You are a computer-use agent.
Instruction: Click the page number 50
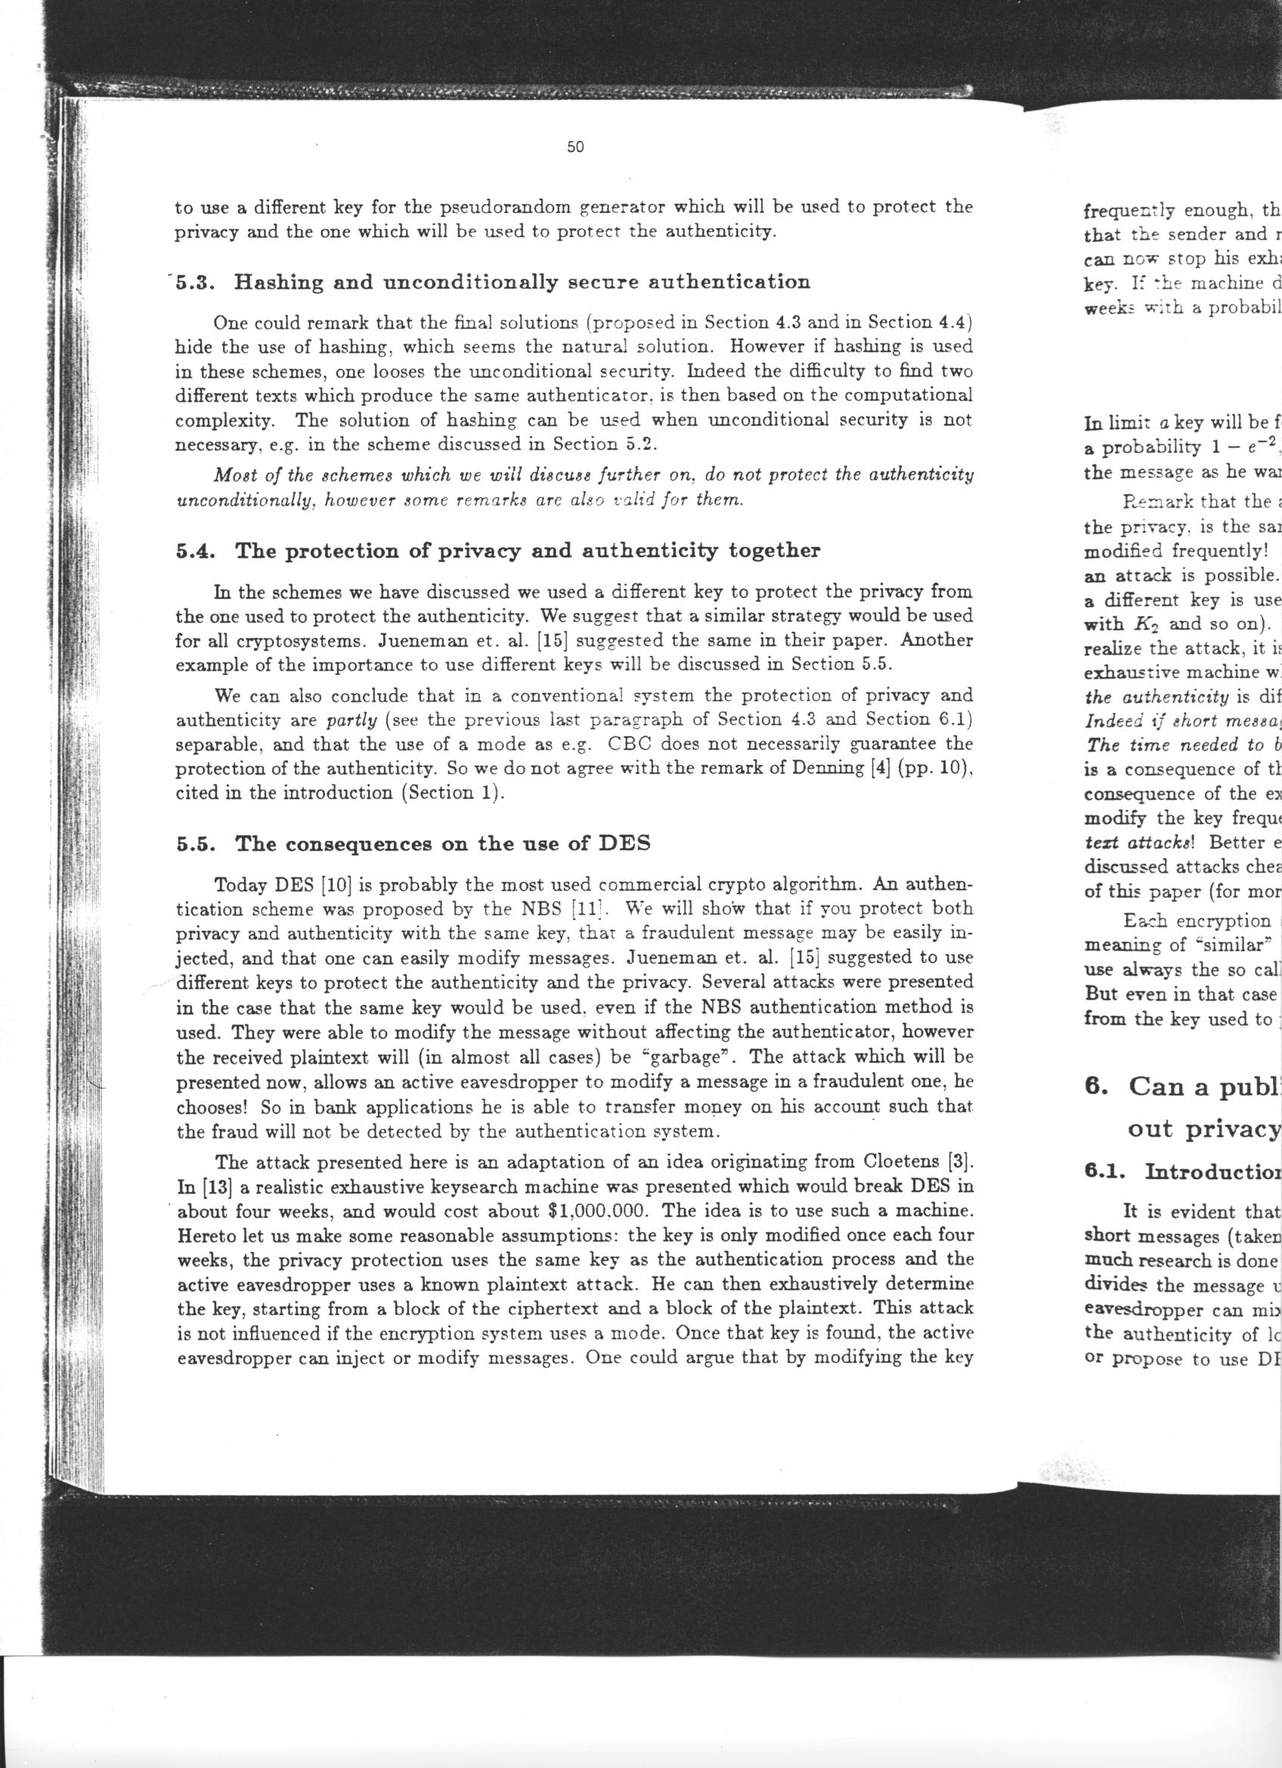point(575,147)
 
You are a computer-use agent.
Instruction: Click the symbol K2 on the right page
point(1145,625)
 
